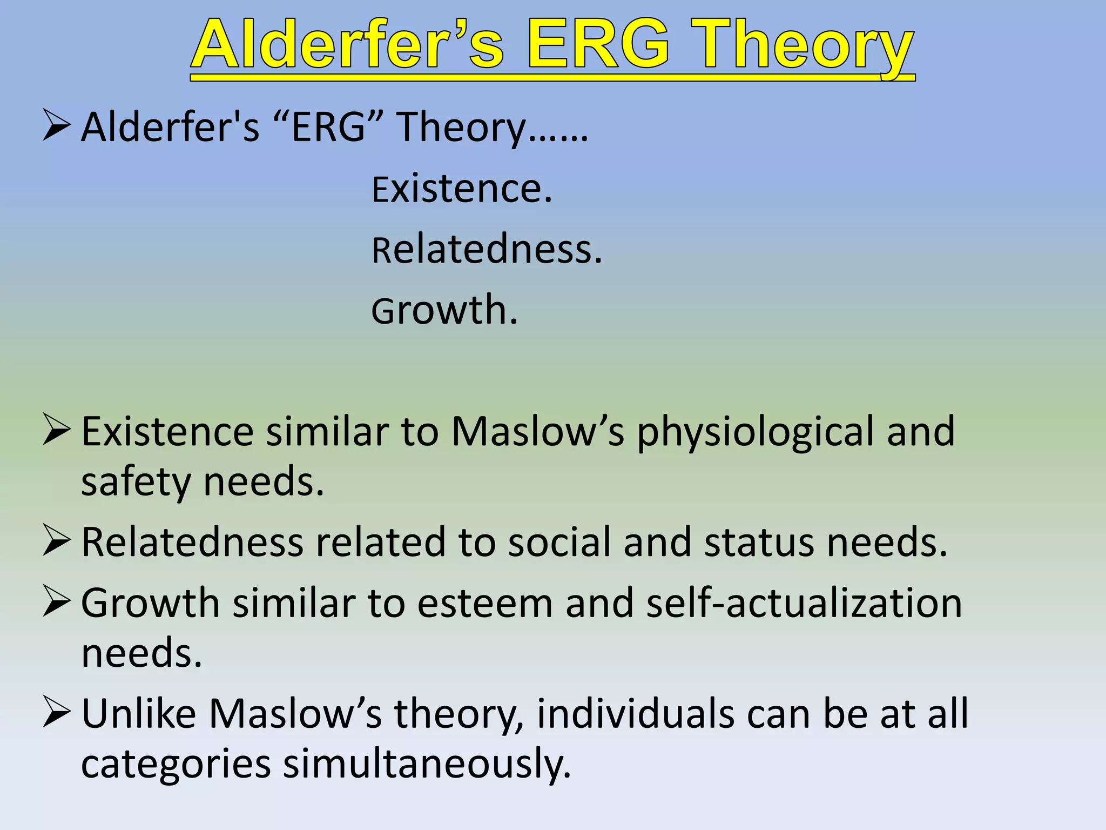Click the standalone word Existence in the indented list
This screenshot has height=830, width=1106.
[x=462, y=189]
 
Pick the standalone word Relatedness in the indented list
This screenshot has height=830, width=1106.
[x=487, y=250]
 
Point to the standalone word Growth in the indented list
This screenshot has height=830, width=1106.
[x=444, y=310]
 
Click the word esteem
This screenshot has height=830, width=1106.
[x=484, y=603]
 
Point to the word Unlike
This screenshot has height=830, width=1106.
[x=138, y=714]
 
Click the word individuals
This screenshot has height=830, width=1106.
[x=635, y=714]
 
